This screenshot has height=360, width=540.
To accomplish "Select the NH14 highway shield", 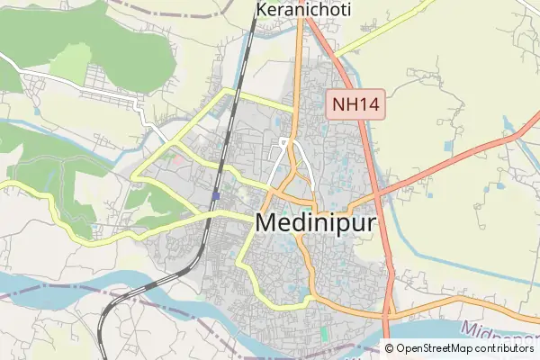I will coord(355,104).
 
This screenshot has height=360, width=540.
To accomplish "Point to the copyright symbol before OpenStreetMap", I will coord(390,348).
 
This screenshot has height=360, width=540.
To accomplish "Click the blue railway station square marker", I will coord(217,194).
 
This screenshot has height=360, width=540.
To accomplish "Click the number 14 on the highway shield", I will coord(365,104).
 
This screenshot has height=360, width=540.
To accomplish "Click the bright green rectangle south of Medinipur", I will coord(324,334).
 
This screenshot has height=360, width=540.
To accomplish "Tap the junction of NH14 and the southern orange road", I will coord(388,316).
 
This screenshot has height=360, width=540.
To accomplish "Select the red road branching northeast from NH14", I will coord(450,162).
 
